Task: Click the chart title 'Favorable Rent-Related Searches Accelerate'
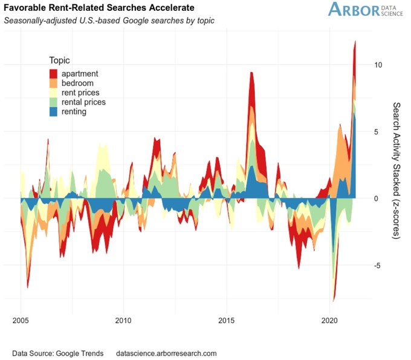pyautogui.click(x=99, y=8)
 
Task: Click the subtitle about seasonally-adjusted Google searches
pyautogui.click(x=109, y=20)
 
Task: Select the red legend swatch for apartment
pyautogui.click(x=54, y=74)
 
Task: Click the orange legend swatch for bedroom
pyautogui.click(x=54, y=83)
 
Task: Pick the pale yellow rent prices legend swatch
pyautogui.click(x=54, y=93)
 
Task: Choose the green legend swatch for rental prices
pyautogui.click(x=54, y=102)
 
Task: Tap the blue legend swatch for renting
pyautogui.click(x=54, y=111)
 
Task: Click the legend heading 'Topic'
pyautogui.click(x=59, y=61)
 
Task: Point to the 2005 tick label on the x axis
pyautogui.click(x=21, y=319)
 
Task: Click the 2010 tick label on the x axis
pyautogui.click(x=123, y=319)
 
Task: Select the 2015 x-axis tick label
pyautogui.click(x=227, y=319)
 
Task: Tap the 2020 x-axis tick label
pyautogui.click(x=330, y=319)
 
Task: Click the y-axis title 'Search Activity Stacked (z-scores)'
pyautogui.click(x=396, y=170)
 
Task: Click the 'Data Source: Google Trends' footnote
pyautogui.click(x=58, y=353)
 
